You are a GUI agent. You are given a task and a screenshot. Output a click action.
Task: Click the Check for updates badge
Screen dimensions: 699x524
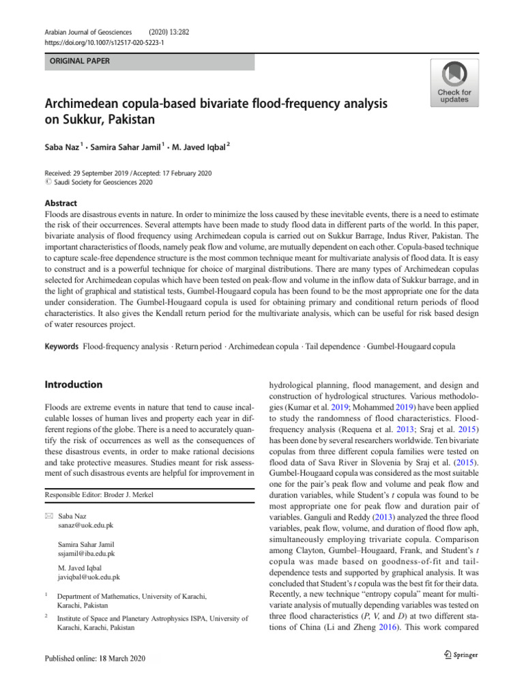pos(454,83)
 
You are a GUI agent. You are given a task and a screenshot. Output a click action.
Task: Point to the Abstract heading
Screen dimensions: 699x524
pos(61,203)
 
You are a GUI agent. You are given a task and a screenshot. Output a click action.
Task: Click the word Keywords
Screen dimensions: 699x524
pos(61,347)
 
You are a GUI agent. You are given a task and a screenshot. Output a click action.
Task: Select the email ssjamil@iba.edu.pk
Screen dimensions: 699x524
pos(87,554)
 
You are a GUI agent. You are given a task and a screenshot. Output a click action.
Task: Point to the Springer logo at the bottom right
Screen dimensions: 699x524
pos(460,655)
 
